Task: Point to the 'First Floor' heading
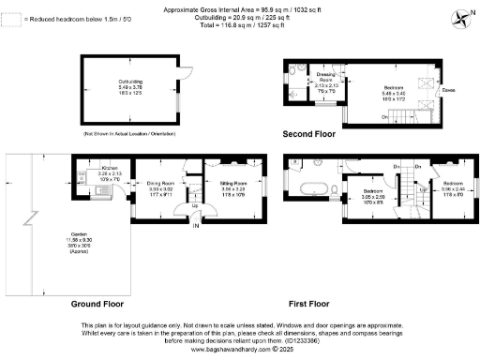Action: pyautogui.click(x=307, y=305)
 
